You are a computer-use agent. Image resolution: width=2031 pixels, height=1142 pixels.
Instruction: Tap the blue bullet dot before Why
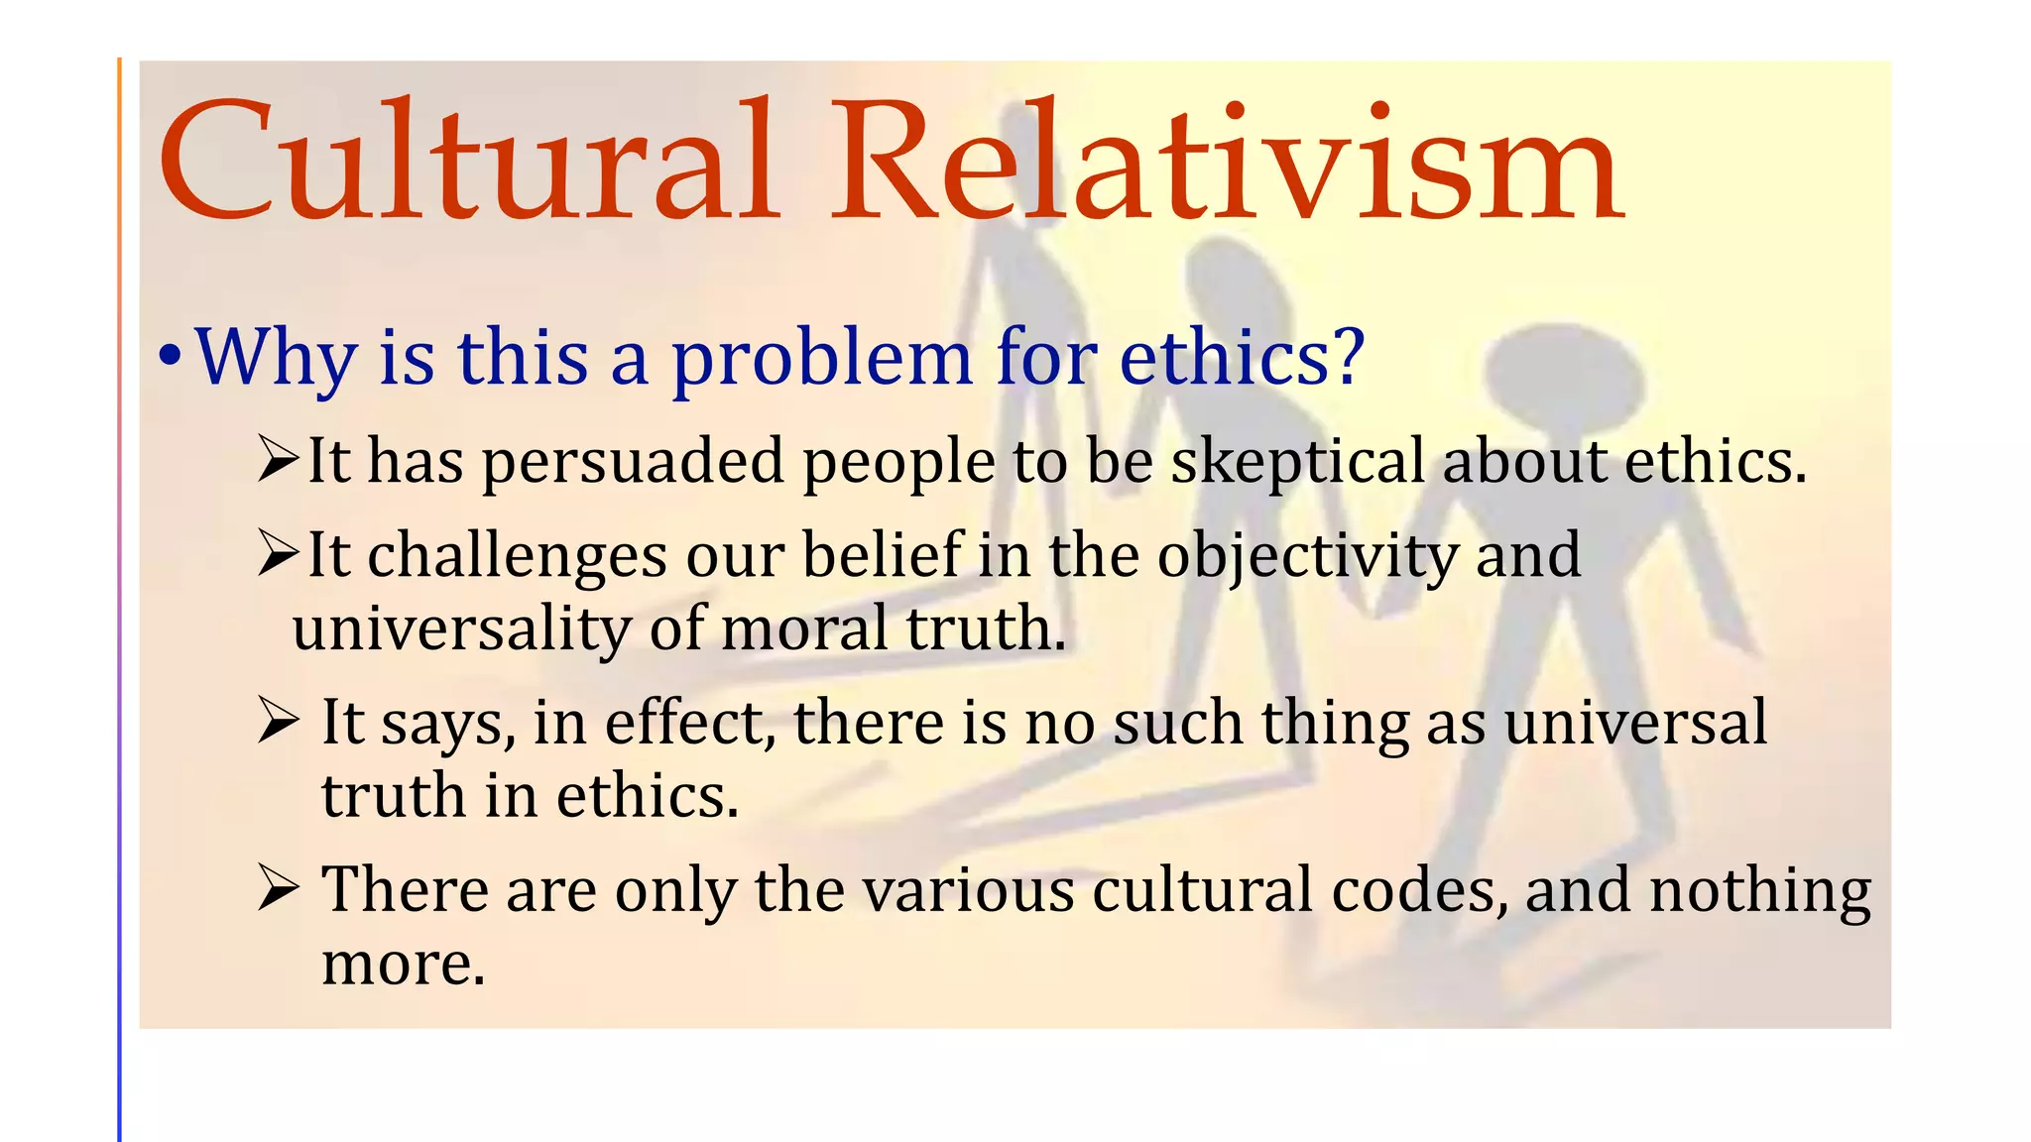[170, 356]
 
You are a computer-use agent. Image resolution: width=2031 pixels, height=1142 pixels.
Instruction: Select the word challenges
[517, 556]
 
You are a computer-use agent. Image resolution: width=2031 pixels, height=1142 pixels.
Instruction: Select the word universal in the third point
[1635, 722]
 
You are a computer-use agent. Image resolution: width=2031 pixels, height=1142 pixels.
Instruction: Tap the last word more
[403, 964]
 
